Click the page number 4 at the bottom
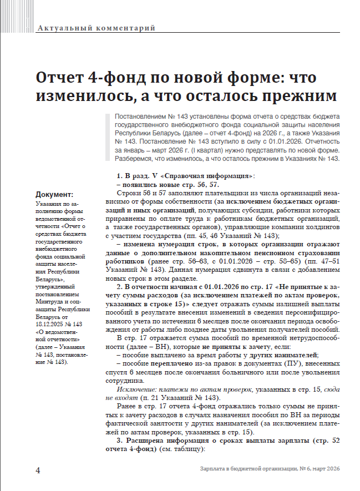coord(38,470)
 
